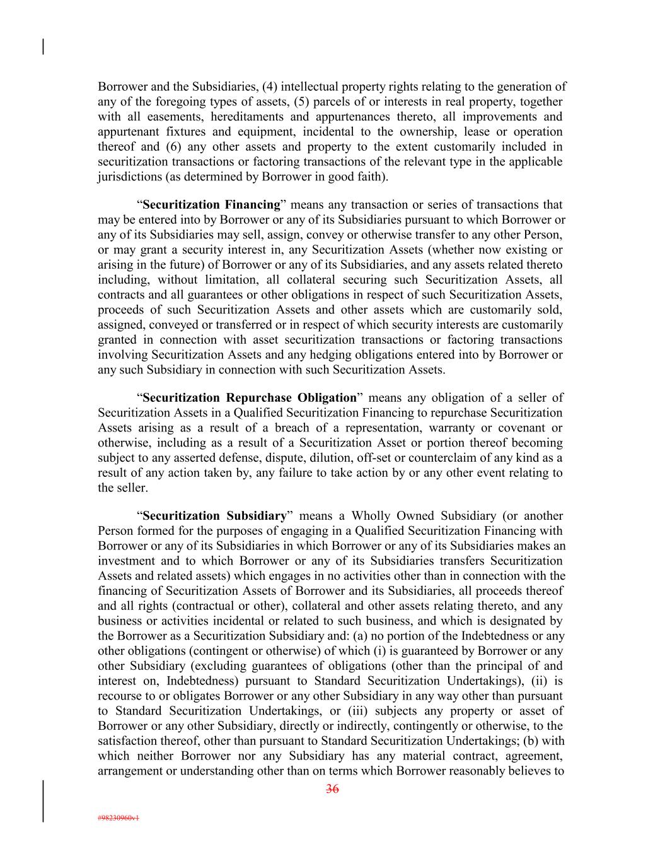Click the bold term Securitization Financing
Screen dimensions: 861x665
point(211,205)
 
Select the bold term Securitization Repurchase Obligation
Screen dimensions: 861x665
point(250,398)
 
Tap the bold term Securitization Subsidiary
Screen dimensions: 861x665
point(214,516)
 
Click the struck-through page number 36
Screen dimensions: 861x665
point(332,788)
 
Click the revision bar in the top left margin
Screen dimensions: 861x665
point(43,47)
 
